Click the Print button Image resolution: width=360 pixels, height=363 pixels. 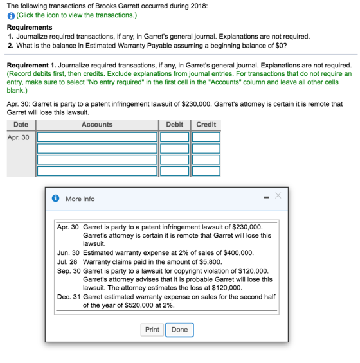[x=152, y=330]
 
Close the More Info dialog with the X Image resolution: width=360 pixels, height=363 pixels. [x=278, y=195]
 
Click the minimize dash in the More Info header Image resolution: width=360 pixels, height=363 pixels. [x=266, y=197]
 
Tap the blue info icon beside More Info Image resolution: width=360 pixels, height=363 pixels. [x=55, y=199]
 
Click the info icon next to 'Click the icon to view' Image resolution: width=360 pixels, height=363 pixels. [x=11, y=16]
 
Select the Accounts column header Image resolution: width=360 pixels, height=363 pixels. [x=97, y=125]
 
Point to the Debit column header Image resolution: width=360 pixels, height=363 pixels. [x=175, y=125]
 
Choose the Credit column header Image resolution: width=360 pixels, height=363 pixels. [x=206, y=125]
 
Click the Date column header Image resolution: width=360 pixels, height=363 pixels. [x=21, y=125]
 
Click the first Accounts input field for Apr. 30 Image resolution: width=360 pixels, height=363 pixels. [x=97, y=137]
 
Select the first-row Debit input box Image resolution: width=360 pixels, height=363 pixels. [x=174, y=137]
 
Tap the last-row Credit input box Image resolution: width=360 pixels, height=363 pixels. [x=206, y=172]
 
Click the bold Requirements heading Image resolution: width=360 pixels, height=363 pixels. [x=30, y=28]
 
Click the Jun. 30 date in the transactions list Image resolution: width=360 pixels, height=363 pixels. [x=68, y=252]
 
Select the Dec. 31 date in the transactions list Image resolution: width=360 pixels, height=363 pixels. [x=69, y=297]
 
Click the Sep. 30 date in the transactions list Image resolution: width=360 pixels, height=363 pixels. [x=69, y=271]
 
